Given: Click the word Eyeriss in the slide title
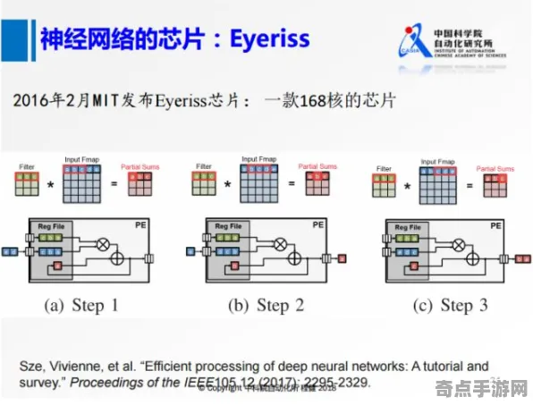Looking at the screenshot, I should click(x=268, y=38).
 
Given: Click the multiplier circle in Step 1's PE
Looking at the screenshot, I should click(x=102, y=243).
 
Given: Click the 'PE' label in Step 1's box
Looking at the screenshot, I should click(x=140, y=225).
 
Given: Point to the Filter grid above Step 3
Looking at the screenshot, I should click(x=385, y=186).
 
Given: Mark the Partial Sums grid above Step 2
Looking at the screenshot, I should click(x=317, y=183).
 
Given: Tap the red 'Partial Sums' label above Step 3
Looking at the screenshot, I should click(x=494, y=168).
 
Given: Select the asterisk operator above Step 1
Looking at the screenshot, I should click(x=51, y=184).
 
